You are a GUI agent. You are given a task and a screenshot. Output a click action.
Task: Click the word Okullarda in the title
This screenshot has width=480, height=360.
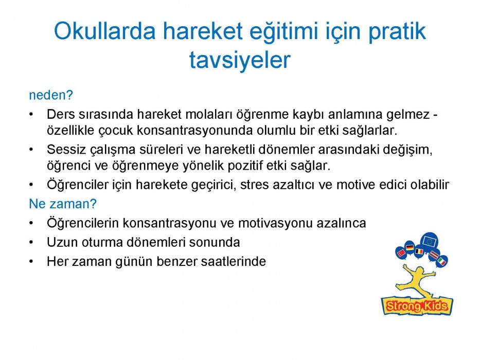click(x=104, y=31)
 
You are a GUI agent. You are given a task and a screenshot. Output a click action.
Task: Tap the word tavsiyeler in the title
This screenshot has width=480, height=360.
click(x=240, y=60)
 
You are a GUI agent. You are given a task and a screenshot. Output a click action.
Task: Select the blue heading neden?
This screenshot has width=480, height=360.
click(x=51, y=95)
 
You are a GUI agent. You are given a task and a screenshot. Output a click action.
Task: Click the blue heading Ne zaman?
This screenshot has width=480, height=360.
click(x=63, y=204)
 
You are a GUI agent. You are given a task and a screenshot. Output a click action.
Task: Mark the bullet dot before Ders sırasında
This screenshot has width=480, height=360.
click(x=31, y=115)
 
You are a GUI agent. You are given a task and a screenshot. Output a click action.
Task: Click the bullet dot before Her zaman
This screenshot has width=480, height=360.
click(x=31, y=262)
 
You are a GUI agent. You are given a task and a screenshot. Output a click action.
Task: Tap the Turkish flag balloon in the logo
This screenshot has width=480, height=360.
click(x=401, y=253)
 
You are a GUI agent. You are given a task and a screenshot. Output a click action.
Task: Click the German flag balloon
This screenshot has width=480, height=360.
click(x=410, y=247)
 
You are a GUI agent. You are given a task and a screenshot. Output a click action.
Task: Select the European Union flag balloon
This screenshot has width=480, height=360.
click(x=429, y=241)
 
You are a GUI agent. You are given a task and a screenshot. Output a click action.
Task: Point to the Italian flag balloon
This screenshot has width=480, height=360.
click(x=441, y=261)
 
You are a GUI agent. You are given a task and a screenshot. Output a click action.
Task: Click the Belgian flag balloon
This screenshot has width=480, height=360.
click(x=419, y=252)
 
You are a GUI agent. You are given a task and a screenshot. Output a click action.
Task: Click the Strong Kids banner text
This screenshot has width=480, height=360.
click(x=417, y=305)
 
